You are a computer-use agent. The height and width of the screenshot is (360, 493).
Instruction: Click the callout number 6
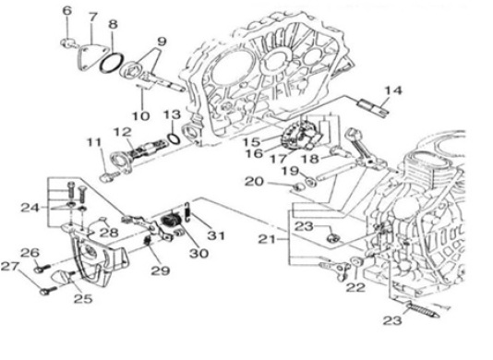pos(67,10)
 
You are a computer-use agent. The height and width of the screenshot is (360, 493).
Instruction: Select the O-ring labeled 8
pos(112,63)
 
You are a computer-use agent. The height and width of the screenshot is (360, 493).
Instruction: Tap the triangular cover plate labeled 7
pos(90,56)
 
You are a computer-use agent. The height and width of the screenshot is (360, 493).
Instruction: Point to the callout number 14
pos(393,90)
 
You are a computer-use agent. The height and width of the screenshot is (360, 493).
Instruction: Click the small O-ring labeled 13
pos(174,138)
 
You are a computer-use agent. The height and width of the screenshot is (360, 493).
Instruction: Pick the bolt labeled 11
pos(109,176)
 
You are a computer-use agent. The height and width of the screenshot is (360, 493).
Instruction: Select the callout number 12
pos(122,132)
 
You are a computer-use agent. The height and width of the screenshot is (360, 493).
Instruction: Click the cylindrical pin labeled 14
pos(374,107)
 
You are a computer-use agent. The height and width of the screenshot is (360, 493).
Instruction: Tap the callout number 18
pos(310,159)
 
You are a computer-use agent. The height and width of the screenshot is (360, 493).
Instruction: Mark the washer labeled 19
pos(311,181)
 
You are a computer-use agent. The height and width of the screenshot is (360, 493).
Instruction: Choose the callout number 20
pos(254,182)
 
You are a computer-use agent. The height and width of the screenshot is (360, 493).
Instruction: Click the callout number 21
pos(266,240)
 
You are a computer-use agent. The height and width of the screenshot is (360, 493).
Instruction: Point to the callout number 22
pos(356,287)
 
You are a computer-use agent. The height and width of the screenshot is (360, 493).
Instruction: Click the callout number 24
pos(30,208)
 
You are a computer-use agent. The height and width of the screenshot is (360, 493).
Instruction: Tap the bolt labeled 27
pos(48,291)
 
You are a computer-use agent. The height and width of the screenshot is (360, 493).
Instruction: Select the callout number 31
pos(216,235)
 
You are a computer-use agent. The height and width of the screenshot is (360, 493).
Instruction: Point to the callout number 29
pos(161,270)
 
